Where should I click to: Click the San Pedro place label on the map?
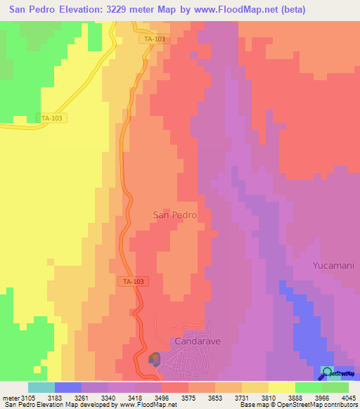point(174,215)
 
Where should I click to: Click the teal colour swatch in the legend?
point(41,387)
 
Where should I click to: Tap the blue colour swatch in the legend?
point(68,387)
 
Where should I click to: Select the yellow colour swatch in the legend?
point(282,387)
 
